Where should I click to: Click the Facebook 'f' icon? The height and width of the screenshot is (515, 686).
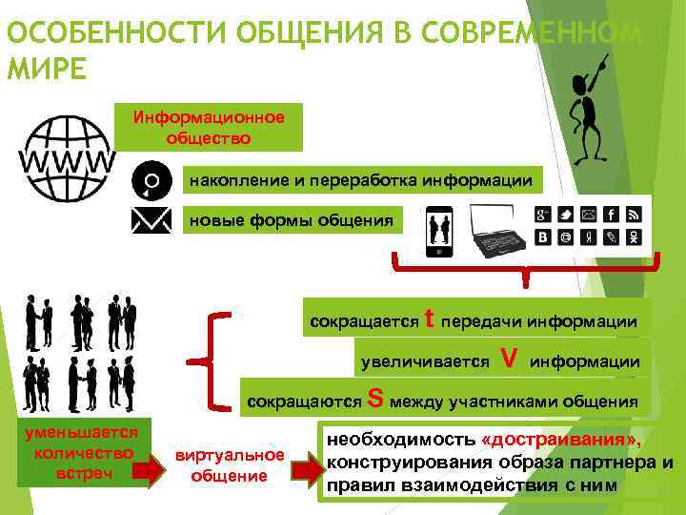pos(611,214)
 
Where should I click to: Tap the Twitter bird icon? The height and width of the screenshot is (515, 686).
pos(565,214)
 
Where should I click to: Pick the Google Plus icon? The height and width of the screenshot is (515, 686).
pos(543,214)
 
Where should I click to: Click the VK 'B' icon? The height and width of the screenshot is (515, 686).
pos(543,236)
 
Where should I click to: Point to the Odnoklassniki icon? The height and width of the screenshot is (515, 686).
pos(634,236)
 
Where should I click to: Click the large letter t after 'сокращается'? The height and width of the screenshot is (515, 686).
pos(430,319)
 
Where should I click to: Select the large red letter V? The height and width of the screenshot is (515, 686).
pos(510,359)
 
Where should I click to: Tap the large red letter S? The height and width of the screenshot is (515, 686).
pos(375,399)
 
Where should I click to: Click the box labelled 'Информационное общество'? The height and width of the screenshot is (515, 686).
pos(209,128)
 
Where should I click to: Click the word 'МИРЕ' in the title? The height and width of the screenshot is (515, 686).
pos(45,71)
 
